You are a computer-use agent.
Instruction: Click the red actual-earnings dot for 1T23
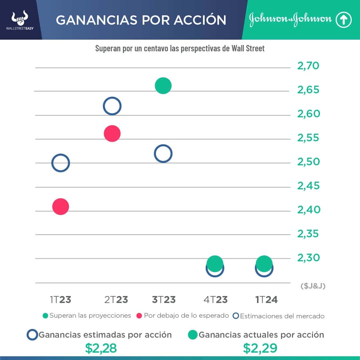(x=60, y=207)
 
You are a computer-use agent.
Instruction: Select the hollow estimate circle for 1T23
(x=60, y=163)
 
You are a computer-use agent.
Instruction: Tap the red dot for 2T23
(x=112, y=134)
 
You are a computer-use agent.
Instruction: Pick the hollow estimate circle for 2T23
(x=112, y=106)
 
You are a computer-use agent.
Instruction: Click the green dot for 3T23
(x=163, y=86)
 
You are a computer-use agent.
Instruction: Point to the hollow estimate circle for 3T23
(x=163, y=154)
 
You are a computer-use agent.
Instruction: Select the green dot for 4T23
(x=215, y=263)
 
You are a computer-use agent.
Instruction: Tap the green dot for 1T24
(x=264, y=263)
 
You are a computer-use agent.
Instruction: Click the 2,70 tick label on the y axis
(x=308, y=66)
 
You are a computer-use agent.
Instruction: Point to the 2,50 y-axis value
(x=308, y=162)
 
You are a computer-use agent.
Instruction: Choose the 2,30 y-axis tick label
(x=308, y=258)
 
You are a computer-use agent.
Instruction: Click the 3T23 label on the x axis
(x=164, y=300)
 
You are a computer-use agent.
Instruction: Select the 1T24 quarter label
(x=266, y=300)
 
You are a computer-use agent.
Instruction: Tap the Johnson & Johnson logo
(x=290, y=20)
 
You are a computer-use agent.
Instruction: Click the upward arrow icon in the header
(x=343, y=20)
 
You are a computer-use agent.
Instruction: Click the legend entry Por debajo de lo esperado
(x=183, y=316)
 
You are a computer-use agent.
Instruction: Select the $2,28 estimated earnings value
(x=101, y=348)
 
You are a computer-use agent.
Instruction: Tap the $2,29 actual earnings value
(x=260, y=348)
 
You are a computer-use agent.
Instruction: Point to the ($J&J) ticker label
(x=313, y=286)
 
